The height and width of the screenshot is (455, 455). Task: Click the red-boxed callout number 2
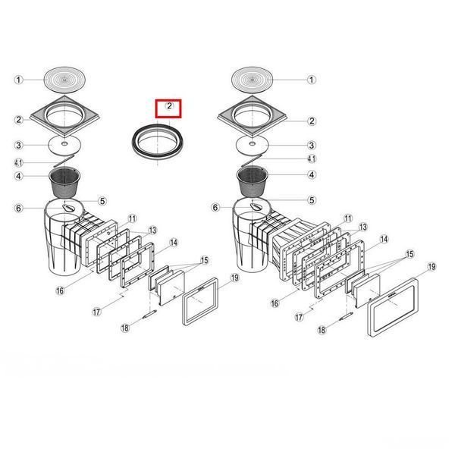pos(169,106)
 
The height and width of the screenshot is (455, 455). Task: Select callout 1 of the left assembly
pos(19,80)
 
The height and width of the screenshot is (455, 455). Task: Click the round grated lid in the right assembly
pos(253,80)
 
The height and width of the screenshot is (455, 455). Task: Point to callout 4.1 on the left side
pos(18,163)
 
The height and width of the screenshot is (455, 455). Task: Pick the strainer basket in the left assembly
pos(64,182)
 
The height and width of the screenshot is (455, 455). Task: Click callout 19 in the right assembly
pos(431,267)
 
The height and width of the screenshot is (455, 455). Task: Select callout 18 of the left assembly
pos(125,328)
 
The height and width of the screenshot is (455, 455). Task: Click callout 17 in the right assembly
pos(299,317)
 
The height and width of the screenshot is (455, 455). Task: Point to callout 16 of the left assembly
pos(60,290)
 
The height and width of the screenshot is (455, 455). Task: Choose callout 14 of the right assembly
pos(384,239)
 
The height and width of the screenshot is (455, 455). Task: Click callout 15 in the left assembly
pos(205,260)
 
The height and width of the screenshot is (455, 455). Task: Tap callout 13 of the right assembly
pos(363,227)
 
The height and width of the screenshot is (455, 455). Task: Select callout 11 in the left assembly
pos(132,218)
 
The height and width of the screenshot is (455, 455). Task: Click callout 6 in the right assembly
pos(215,208)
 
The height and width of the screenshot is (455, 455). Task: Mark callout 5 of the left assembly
pos(102,201)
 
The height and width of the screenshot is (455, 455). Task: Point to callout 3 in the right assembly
pos(312,145)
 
